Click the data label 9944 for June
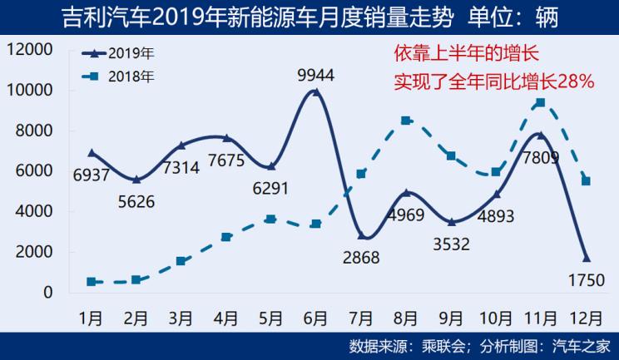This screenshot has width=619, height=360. tap(316, 76)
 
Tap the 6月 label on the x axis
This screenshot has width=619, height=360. tap(315, 318)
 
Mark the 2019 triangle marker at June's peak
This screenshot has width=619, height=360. tap(316, 92)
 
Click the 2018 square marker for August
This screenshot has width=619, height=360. tap(406, 121)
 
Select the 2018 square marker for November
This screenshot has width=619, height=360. tap(541, 102)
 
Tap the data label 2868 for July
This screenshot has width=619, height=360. tap(360, 257)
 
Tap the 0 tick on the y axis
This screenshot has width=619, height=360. tap(48, 293)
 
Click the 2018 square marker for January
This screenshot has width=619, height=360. tap(91, 282)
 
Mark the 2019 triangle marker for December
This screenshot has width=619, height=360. tap(586, 257)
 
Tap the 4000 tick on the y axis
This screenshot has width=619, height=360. tap(34, 212)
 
